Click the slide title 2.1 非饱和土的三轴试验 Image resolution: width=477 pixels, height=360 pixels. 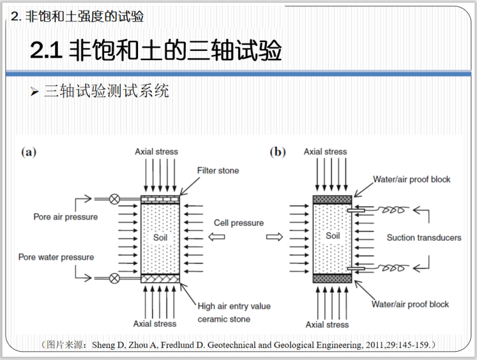156,51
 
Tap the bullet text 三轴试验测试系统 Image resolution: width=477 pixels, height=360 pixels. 106,91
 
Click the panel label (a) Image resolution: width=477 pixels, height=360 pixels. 29,152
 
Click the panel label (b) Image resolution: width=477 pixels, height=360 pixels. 277,152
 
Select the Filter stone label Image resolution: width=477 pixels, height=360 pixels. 218,171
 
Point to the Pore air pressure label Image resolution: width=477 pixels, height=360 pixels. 66,217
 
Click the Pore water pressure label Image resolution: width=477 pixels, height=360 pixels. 56,257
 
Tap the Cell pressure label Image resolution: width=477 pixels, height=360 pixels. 238,223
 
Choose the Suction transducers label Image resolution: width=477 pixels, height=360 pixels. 424,238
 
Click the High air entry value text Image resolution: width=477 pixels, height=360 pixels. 234,306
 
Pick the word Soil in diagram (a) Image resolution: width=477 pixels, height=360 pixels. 161,238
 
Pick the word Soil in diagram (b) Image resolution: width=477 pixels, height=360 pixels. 333,236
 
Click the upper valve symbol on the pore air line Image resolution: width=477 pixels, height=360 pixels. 114,199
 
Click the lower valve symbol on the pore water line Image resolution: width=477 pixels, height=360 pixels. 114,278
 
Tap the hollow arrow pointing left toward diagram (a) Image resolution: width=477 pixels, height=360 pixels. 216,237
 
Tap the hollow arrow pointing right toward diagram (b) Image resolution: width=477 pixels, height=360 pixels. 274,237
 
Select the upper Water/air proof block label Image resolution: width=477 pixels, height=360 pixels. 412,179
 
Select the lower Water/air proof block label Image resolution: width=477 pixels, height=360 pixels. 410,304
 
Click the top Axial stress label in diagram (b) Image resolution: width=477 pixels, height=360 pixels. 325,152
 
